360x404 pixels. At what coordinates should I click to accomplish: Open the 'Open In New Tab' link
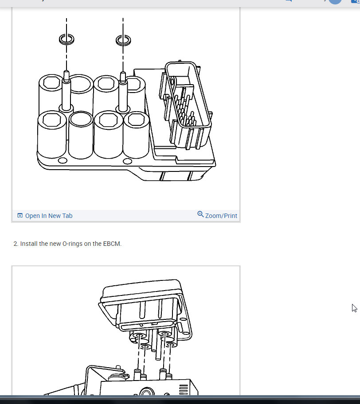pos(49,216)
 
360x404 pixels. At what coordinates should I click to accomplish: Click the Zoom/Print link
pos(221,216)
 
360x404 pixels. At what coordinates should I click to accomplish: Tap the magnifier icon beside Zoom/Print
pos(200,214)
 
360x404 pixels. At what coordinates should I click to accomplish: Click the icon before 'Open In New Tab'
pos(20,215)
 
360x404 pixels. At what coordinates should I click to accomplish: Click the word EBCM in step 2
pos(112,244)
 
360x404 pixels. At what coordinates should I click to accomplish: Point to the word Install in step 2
pos(29,244)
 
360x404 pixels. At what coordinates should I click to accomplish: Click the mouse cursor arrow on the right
pos(354,308)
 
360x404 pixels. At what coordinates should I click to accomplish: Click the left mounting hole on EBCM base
pos(63,160)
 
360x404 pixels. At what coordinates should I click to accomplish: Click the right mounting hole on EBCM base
pos(127,161)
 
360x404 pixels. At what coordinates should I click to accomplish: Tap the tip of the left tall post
pos(66,72)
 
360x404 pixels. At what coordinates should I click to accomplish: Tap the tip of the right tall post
pos(123,73)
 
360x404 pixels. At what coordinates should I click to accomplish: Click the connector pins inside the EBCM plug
pos(185,109)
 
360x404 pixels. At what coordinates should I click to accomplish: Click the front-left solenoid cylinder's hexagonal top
pos(51,120)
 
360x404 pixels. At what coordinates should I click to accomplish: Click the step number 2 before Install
pos(16,244)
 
